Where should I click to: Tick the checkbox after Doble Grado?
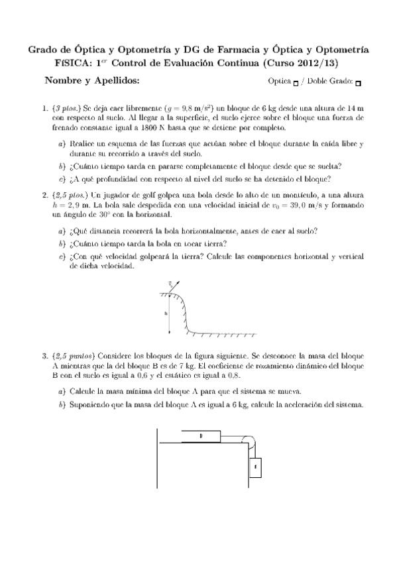pyautogui.click(x=358, y=84)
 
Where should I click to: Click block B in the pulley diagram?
pyautogui.click(x=200, y=435)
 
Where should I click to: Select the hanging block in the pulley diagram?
pyautogui.click(x=255, y=467)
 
